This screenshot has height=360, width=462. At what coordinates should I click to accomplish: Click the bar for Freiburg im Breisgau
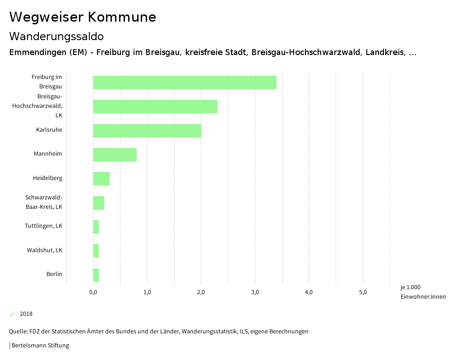click(185, 83)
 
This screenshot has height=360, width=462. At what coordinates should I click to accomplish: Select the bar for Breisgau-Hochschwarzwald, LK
click(155, 106)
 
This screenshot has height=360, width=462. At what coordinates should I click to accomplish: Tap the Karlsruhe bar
click(147, 130)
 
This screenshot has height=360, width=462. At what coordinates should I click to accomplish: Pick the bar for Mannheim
click(115, 155)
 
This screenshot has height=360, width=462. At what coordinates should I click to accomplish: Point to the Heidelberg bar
click(102, 179)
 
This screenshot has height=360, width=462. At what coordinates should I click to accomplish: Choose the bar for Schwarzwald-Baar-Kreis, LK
click(99, 203)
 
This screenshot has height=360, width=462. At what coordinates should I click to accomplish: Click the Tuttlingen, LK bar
click(96, 227)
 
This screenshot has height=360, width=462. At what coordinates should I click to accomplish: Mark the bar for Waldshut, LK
click(96, 251)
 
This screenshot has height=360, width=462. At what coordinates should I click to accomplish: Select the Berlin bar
click(96, 275)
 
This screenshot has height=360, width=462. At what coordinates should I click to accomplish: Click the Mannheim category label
click(48, 154)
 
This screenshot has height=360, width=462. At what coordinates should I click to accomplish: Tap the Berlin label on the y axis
click(54, 274)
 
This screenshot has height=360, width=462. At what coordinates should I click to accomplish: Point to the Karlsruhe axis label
click(49, 130)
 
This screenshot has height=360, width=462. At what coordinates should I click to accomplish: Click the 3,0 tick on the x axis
click(255, 292)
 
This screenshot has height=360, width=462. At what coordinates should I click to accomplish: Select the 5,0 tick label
click(363, 292)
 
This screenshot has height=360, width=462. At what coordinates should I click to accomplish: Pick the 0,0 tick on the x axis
click(93, 292)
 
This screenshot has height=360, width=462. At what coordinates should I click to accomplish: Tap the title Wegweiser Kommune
click(83, 17)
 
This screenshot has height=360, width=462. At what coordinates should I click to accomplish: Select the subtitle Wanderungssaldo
click(56, 36)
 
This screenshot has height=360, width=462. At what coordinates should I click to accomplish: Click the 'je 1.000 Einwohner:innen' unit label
click(423, 292)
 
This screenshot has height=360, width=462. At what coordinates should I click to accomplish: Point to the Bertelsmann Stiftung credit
click(40, 346)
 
